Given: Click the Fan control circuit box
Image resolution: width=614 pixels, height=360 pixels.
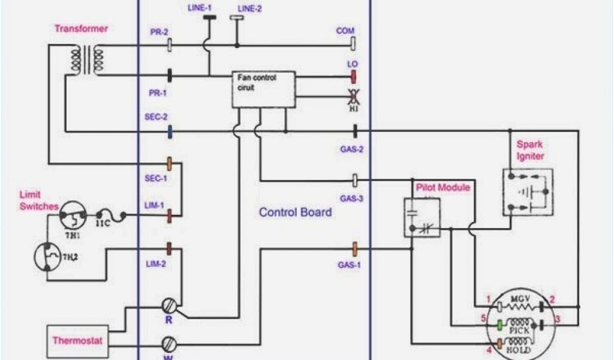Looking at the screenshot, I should tap(263, 89).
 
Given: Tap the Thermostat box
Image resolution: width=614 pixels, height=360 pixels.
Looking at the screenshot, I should tap(77, 341).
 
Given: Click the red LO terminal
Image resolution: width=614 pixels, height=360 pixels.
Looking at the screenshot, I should tap(354, 76).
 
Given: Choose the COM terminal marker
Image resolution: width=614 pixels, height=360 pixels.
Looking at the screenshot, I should tap(354, 44).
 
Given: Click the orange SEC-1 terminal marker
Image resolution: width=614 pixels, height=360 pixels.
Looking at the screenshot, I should tap(170, 163).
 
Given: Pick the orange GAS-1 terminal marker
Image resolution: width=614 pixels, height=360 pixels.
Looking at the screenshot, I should tap(354, 247).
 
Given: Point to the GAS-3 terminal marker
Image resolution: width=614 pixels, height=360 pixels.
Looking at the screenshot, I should tap(354, 179).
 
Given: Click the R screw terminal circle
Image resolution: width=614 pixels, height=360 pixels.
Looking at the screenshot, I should tap(169, 305).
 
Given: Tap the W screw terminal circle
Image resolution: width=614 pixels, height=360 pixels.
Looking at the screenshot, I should tap(169, 344).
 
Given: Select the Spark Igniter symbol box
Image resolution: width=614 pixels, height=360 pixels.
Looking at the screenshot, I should tap(527, 192).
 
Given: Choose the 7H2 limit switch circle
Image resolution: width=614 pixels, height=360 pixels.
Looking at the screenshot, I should tap(47, 255).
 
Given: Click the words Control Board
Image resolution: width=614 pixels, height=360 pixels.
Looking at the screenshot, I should tap(295, 212).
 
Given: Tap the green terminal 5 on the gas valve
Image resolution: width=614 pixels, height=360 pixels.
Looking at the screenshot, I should tap(499, 325).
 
